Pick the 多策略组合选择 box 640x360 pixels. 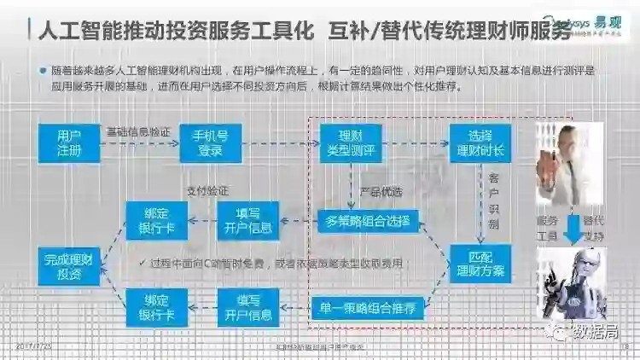(368, 222)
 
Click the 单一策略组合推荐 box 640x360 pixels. (368, 308)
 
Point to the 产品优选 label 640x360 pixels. (381, 191)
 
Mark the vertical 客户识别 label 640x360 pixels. (494, 204)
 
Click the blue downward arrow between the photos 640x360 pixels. (570, 226)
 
